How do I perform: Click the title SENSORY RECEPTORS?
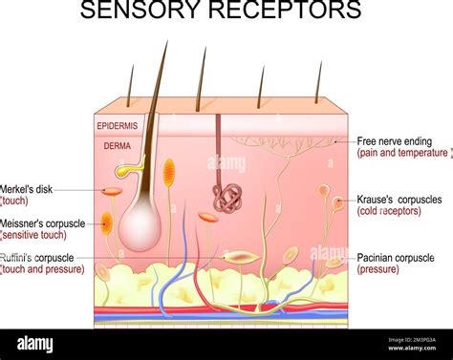[221, 12]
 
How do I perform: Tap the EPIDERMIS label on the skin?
[117, 125]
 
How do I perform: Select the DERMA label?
[119, 146]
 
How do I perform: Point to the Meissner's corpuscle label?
[43, 223]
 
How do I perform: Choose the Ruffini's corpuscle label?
[38, 257]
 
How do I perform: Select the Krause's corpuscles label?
[399, 200]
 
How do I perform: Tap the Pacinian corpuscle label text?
[395, 258]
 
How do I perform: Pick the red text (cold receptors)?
[388, 211]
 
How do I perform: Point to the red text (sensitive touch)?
[33, 235]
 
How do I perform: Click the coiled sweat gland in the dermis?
[226, 198]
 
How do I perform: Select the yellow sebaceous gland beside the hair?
[125, 171]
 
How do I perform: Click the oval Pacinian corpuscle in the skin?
[240, 257]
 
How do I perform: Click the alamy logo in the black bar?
[37, 343]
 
